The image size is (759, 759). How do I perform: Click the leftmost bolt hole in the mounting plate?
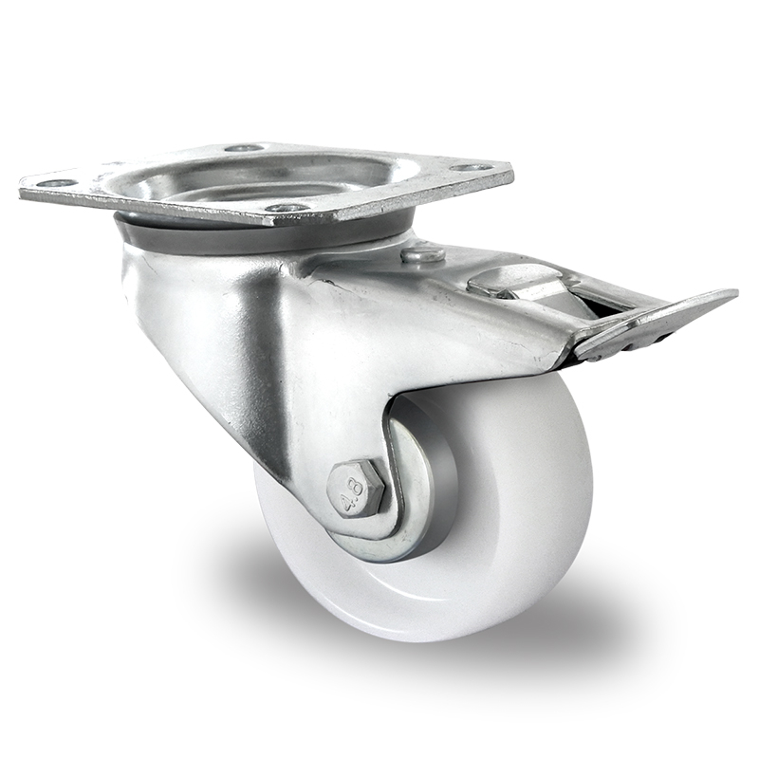click(56, 182)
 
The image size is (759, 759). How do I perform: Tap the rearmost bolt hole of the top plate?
click(244, 148)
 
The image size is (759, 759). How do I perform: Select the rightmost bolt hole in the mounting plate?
click(472, 168)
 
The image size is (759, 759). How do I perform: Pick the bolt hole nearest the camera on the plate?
click(286, 207)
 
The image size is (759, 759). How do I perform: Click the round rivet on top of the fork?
click(423, 254)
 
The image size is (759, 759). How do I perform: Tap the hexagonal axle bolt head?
click(355, 489)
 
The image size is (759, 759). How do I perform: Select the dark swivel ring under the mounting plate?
click(190, 232)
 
